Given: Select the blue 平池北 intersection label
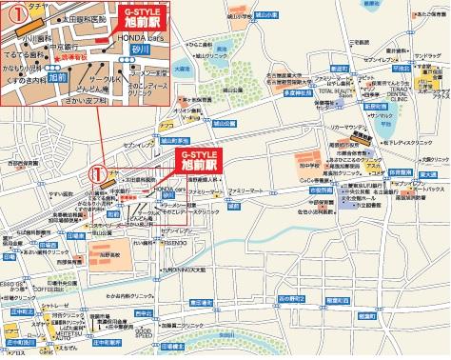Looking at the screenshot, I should pos(402,69).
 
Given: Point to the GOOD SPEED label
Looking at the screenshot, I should pos(142,332).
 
